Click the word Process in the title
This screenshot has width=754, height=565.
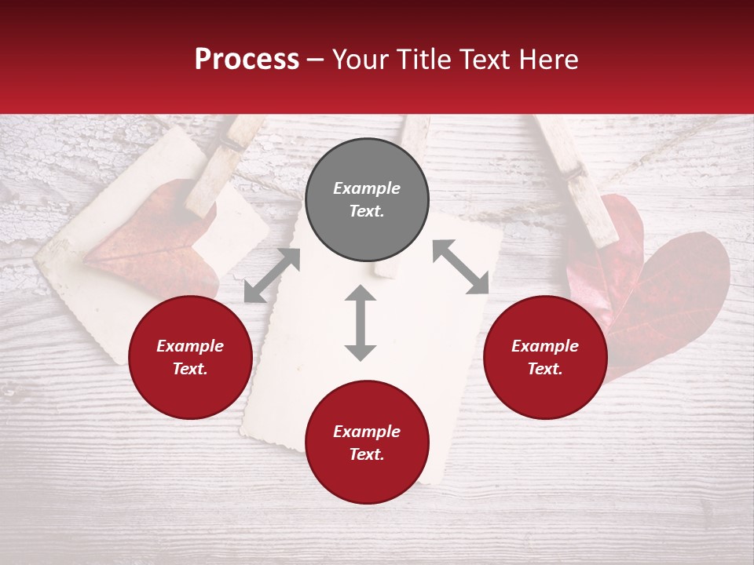point(247,59)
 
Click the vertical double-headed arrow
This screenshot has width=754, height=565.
point(361,323)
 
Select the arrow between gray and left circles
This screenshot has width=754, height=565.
point(272,275)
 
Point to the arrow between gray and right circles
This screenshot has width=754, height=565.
point(461,267)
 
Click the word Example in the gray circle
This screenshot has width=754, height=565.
point(367,188)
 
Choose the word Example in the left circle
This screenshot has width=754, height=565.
point(190,346)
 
